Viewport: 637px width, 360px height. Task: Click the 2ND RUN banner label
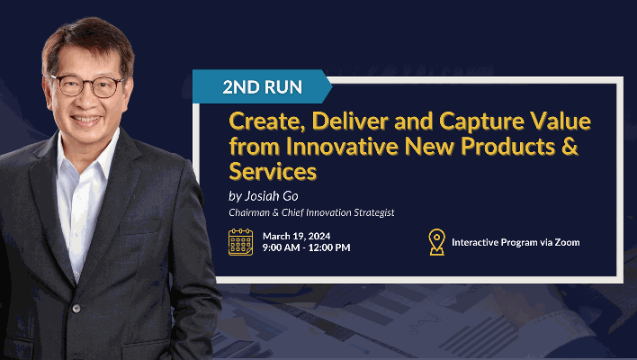pyautogui.click(x=263, y=87)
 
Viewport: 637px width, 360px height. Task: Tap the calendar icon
pyautogui.click(x=240, y=242)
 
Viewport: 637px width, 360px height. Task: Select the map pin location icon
pyautogui.click(x=436, y=242)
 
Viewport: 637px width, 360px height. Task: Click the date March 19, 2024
pyautogui.click(x=297, y=236)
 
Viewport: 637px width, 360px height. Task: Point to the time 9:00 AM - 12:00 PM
pyautogui.click(x=306, y=247)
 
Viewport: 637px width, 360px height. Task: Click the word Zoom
pyautogui.click(x=567, y=242)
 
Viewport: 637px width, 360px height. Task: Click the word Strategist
pyautogui.click(x=373, y=213)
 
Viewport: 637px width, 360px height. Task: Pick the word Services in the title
pyautogui.click(x=273, y=171)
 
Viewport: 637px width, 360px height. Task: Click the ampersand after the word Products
pyautogui.click(x=570, y=146)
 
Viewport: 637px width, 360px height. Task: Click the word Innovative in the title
pyautogui.click(x=342, y=147)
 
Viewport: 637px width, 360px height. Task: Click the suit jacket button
pyautogui.click(x=76, y=309)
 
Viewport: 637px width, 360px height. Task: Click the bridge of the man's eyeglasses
pyautogui.click(x=88, y=83)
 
